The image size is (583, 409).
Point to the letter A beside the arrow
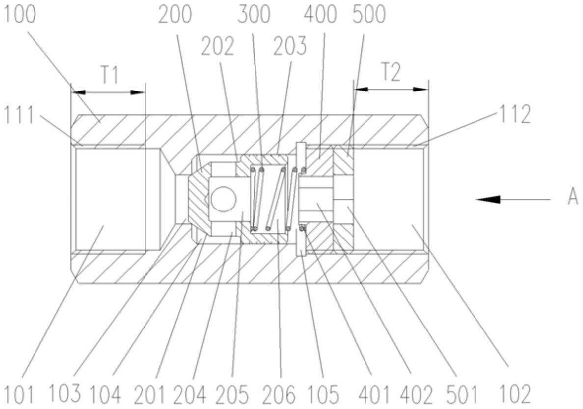572,199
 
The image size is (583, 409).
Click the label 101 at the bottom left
19,393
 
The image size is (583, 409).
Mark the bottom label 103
66,393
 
